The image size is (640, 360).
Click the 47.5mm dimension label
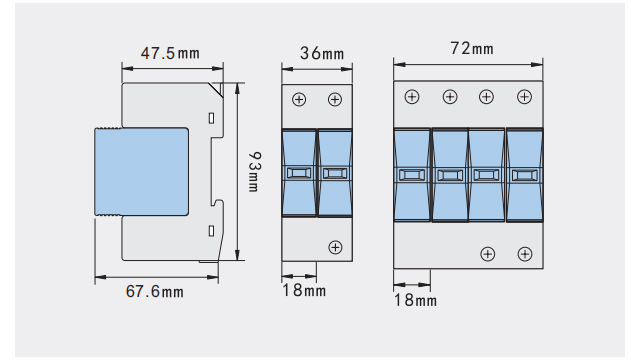point(170,53)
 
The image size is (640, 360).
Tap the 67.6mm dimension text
point(155,291)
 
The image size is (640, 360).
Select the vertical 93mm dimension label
point(254,172)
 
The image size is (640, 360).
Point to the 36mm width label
point(322,53)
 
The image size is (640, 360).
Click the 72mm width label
point(472,48)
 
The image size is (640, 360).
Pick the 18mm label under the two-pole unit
point(304,290)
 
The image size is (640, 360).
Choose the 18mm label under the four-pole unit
point(415,300)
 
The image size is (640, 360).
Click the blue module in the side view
point(142,171)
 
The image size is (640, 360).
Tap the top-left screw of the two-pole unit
point(299,99)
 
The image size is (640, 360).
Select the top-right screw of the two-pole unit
point(335,99)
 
